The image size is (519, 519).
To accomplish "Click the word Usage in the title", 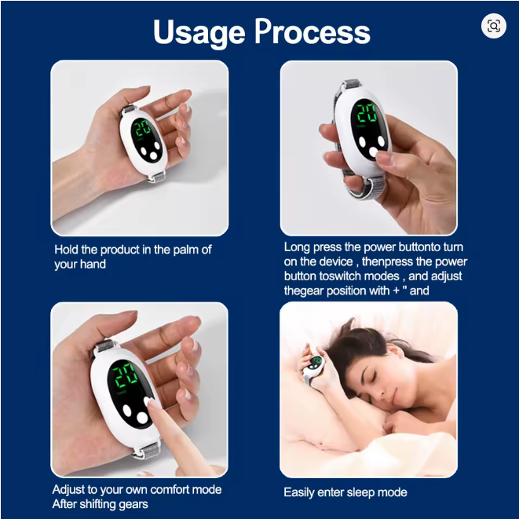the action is (x=199, y=33).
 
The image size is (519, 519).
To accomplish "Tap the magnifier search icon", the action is (x=494, y=26).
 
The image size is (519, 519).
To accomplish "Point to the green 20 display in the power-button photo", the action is (x=367, y=114).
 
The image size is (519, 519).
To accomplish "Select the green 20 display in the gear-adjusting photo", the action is (x=125, y=375).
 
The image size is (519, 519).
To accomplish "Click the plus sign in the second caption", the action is (x=396, y=291).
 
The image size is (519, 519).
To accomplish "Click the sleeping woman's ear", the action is (x=396, y=352).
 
